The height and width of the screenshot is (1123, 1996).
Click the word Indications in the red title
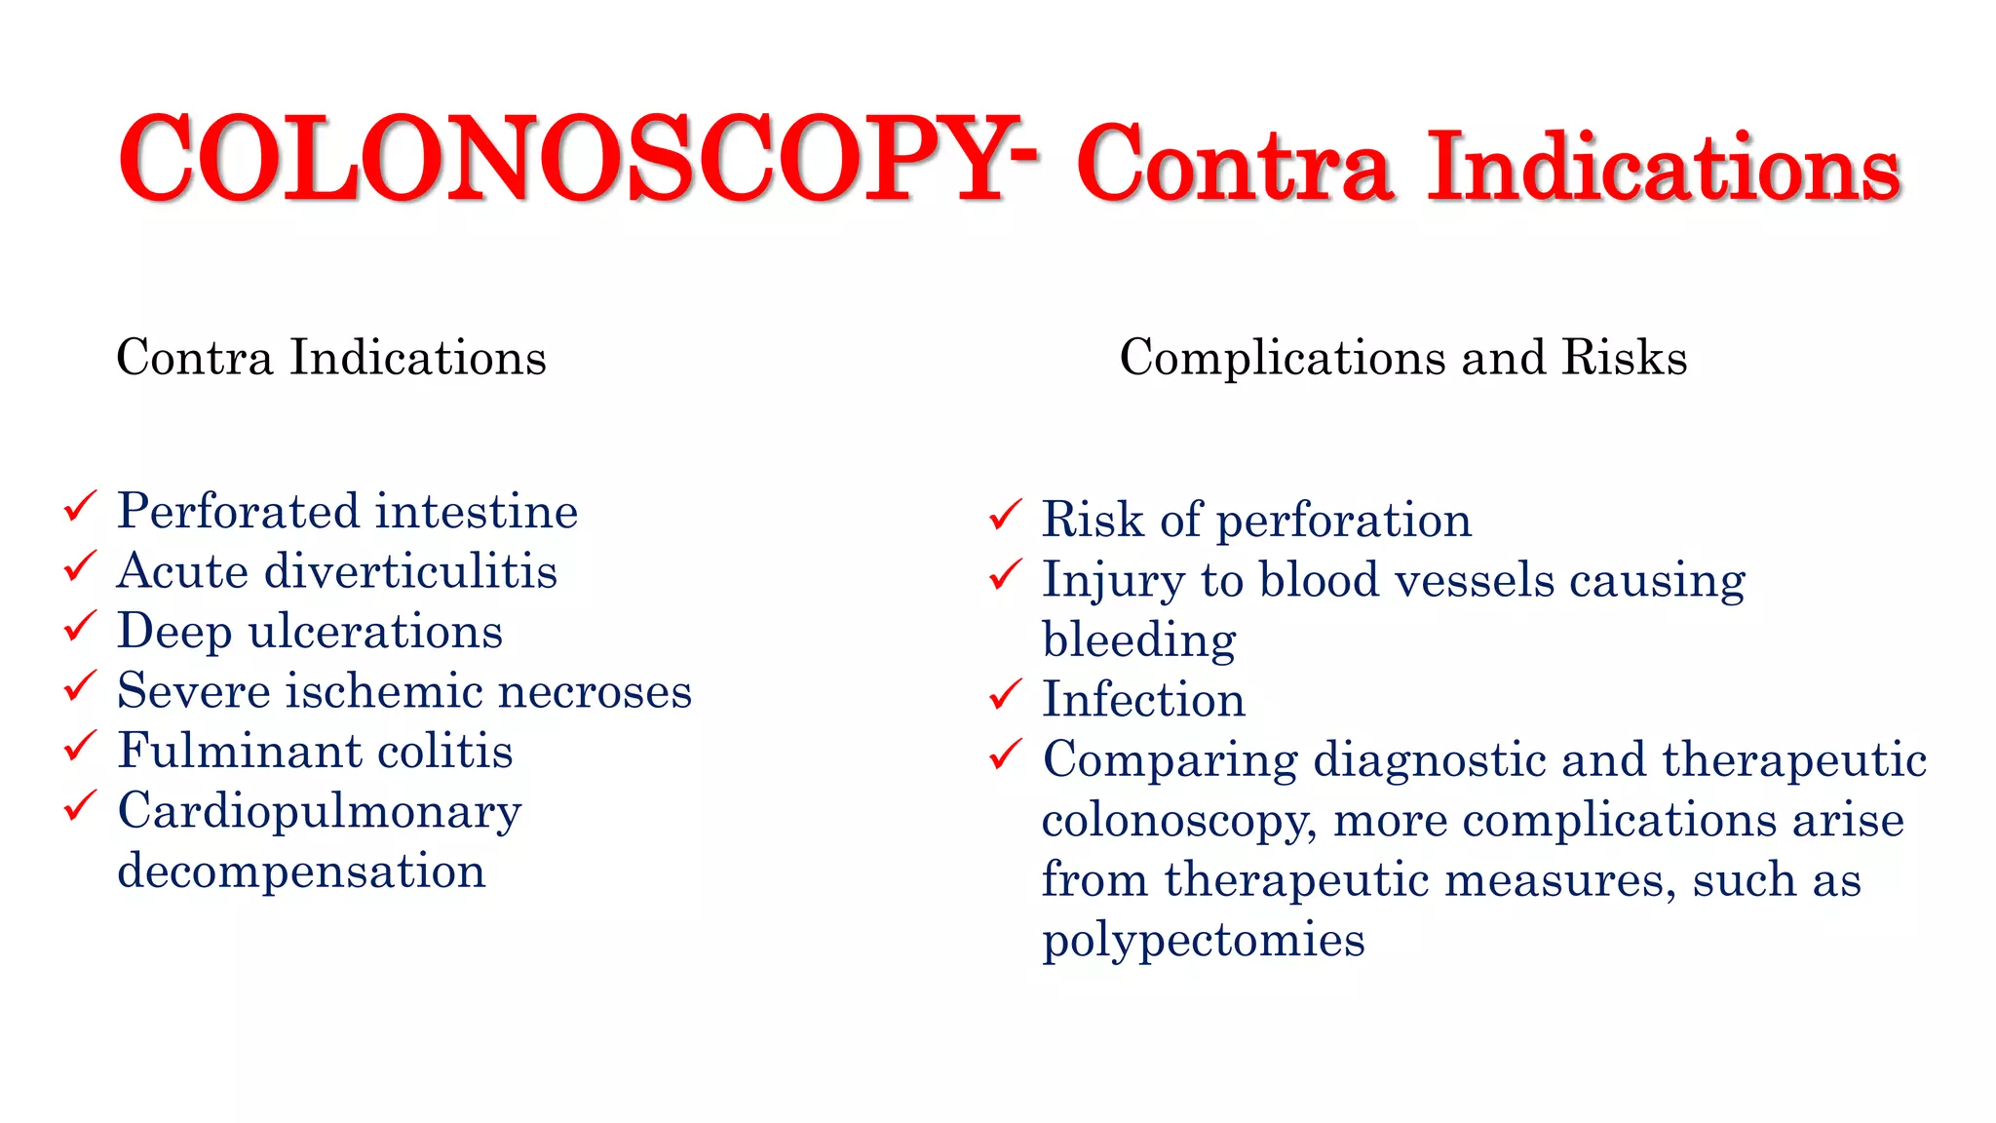pyautogui.click(x=1663, y=168)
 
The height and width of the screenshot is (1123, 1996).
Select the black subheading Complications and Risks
pyautogui.click(x=1402, y=357)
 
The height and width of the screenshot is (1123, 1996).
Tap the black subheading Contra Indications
pyautogui.click(x=331, y=357)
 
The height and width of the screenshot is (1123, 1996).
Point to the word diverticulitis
pyautogui.click(x=410, y=571)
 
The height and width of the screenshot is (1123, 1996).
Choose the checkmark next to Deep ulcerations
pyautogui.click(x=80, y=626)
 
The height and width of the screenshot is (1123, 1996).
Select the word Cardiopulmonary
pyautogui.click(x=320, y=812)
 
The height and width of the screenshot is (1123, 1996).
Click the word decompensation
pyautogui.click(x=301, y=871)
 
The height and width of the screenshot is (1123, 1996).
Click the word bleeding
pyautogui.click(x=1138, y=640)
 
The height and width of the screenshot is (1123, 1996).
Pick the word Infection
pyautogui.click(x=1143, y=700)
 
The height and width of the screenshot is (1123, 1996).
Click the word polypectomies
pyautogui.click(x=1203, y=941)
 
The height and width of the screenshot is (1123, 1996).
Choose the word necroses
pyautogui.click(x=595, y=691)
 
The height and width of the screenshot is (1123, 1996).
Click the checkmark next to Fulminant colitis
pyautogui.click(x=80, y=746)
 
